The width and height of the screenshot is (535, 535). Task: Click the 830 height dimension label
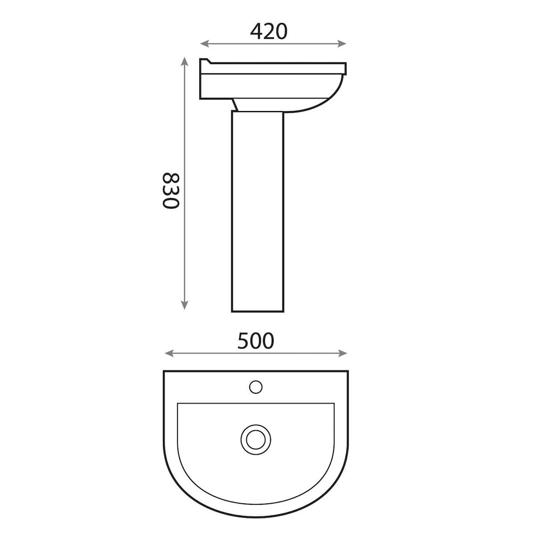(x=170, y=190)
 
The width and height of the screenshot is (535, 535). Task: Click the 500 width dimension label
(x=255, y=341)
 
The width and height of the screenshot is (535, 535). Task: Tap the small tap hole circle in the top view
(x=255, y=387)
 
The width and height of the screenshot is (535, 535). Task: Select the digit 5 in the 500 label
(x=243, y=341)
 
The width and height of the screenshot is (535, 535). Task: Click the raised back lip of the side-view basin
(x=205, y=61)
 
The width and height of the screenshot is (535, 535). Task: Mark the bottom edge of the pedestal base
(x=258, y=311)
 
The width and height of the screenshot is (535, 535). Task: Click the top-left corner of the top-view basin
(x=165, y=371)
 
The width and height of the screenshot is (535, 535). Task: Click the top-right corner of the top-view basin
(x=347, y=371)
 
